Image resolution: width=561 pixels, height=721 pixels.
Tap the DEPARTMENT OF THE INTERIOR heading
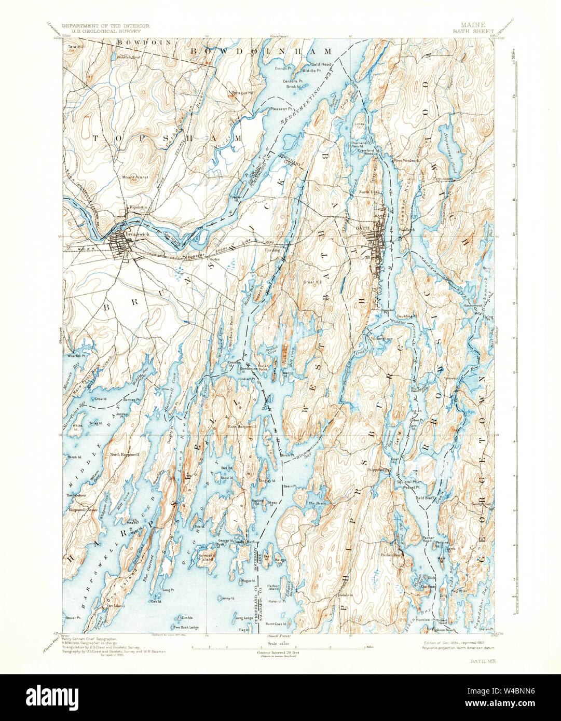pos(106,25)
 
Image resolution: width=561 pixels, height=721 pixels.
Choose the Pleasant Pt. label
pos(281,109)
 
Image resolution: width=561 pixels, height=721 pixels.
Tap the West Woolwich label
pos(406,160)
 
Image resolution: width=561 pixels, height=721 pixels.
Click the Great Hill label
pos(313,282)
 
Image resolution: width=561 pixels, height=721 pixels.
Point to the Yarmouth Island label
pos(207,558)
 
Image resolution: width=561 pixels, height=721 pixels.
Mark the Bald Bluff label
pos(425,497)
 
